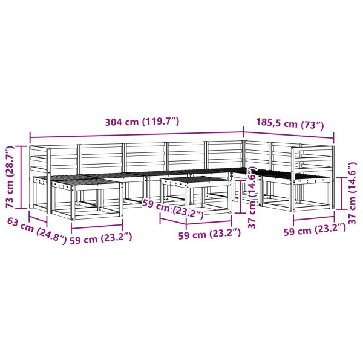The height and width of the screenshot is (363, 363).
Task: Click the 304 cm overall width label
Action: (x=142, y=122)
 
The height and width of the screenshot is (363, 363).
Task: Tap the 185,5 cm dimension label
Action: (x=290, y=123)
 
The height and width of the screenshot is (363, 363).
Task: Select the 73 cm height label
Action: (x=11, y=177)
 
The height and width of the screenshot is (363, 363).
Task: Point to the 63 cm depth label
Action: (x=36, y=231)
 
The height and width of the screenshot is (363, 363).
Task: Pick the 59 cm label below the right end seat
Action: (x=315, y=230)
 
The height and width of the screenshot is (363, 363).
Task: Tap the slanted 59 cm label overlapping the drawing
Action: (x=173, y=209)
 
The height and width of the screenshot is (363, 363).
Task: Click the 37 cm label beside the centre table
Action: (x=252, y=197)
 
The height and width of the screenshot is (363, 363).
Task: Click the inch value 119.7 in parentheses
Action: (x=160, y=122)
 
